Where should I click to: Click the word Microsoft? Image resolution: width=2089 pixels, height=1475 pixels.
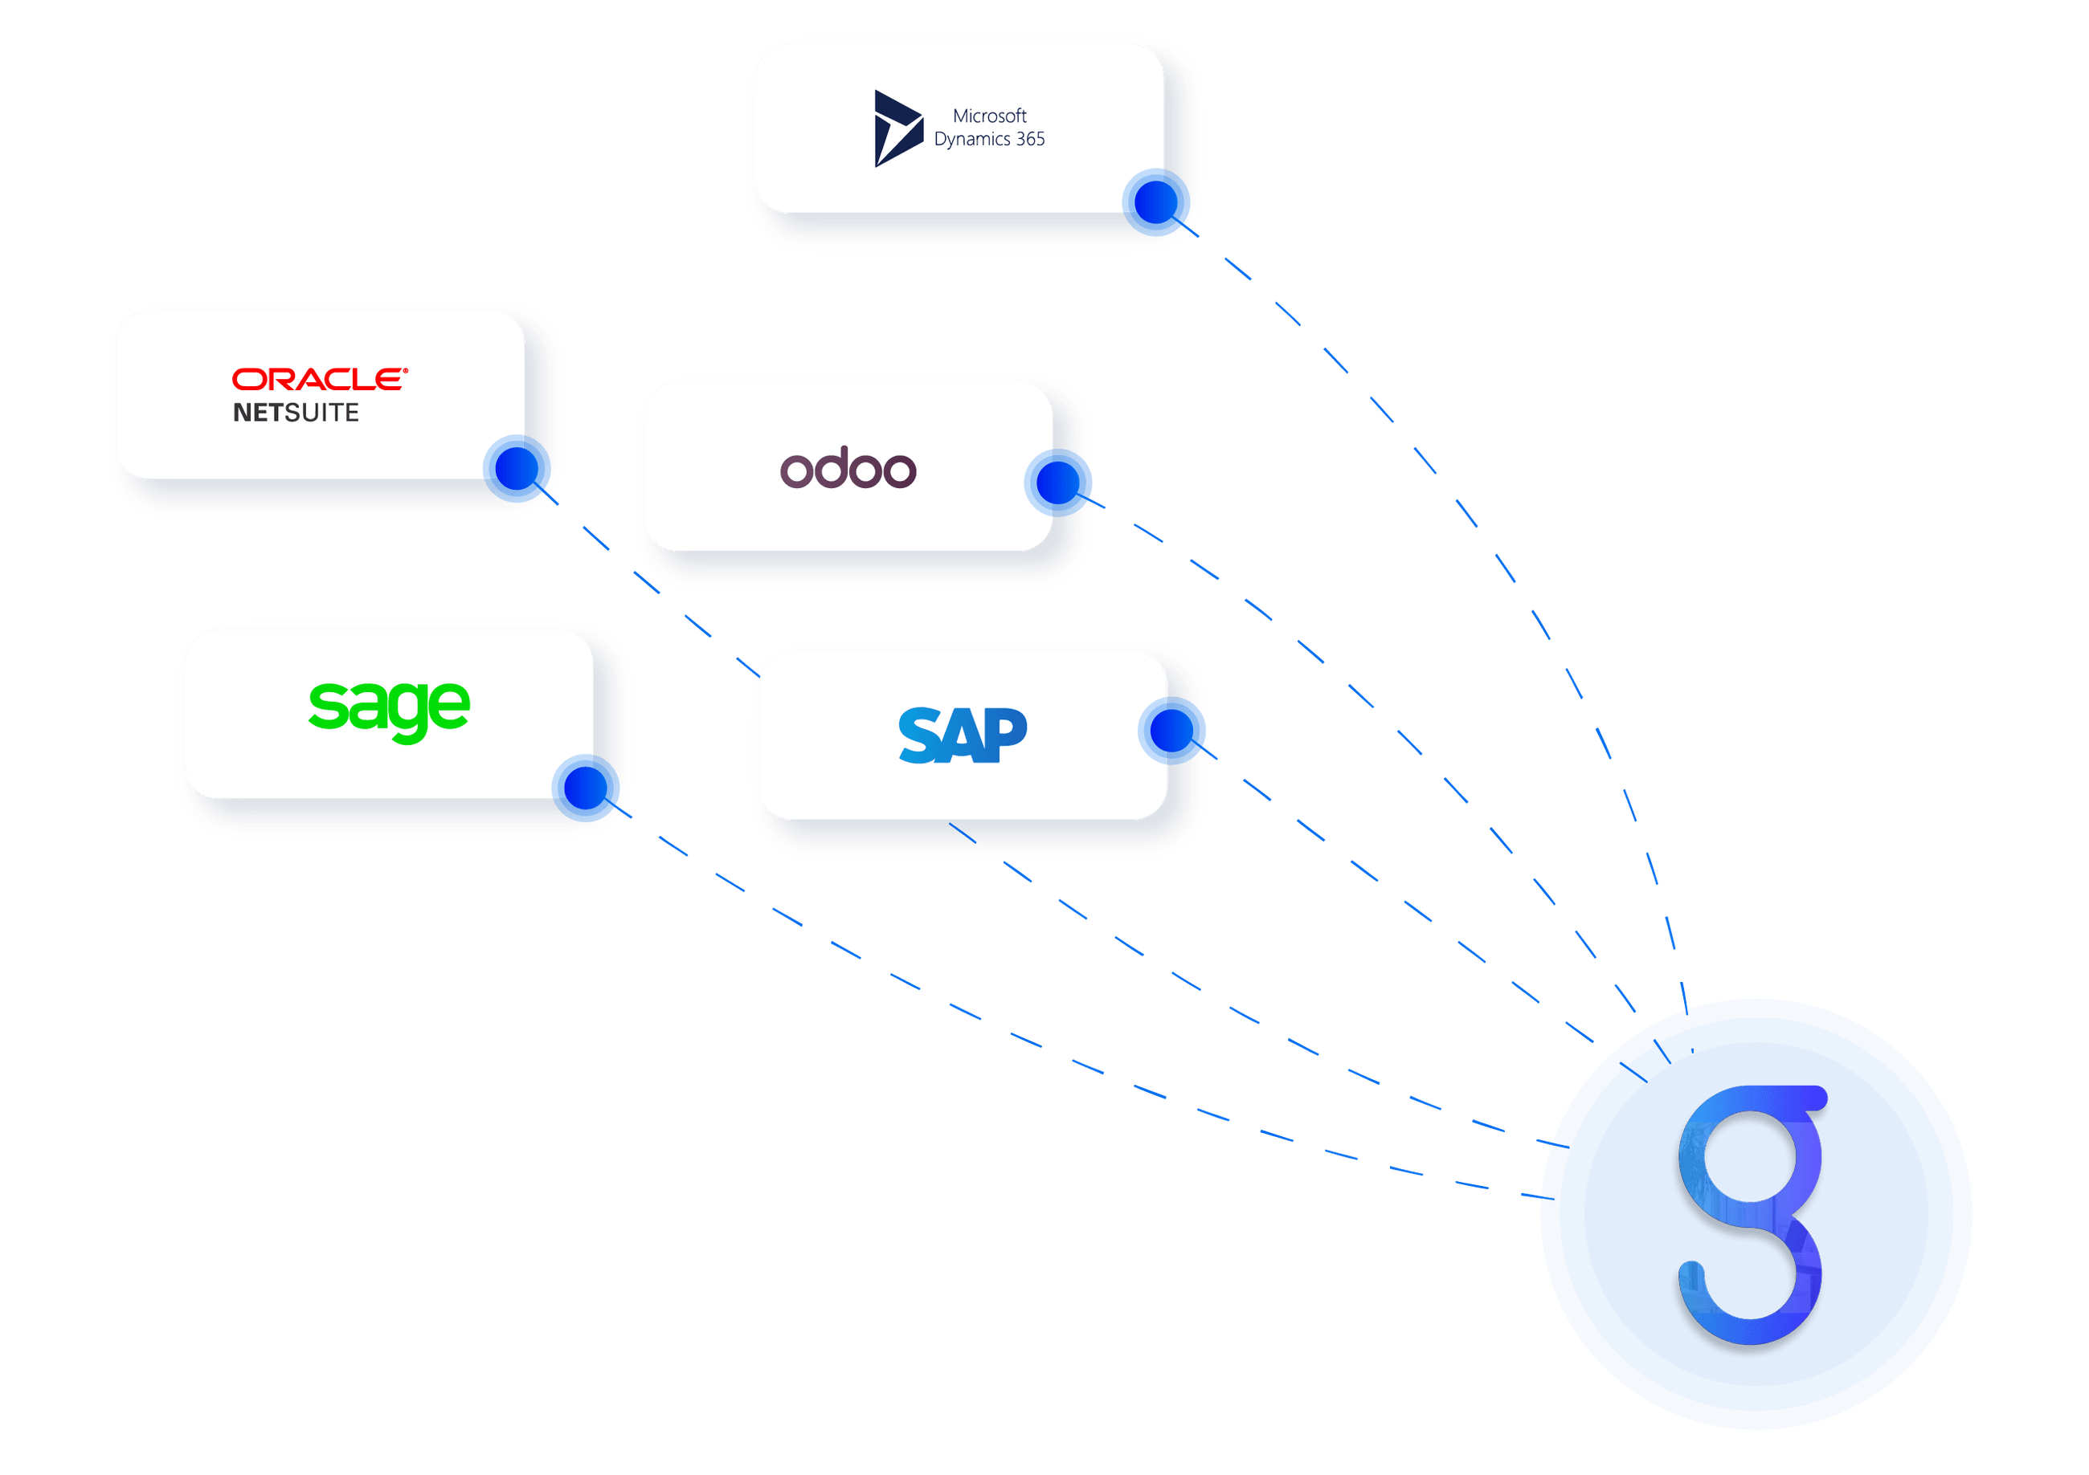tap(989, 116)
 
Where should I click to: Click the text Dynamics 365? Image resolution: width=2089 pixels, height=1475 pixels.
tap(989, 139)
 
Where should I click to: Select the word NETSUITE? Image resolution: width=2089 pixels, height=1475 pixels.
tap(296, 413)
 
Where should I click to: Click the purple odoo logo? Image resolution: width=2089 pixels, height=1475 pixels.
tap(848, 468)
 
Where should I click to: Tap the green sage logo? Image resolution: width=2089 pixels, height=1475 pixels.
tap(390, 709)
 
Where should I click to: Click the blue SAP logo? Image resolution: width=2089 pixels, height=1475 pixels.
tap(963, 735)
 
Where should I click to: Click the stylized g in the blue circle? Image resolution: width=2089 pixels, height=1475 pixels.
tap(1752, 1214)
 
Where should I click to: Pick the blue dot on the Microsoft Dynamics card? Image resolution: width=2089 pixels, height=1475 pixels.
tap(1156, 202)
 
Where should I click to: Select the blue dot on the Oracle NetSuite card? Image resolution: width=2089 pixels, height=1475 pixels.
tap(517, 468)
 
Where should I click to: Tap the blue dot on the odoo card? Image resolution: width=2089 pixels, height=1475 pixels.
tap(1058, 482)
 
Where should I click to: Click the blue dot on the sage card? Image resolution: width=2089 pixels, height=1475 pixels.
tap(586, 788)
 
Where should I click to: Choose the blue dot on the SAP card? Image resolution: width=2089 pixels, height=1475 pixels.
tap(1172, 730)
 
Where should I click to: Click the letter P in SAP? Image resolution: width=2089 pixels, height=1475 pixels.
tap(1006, 735)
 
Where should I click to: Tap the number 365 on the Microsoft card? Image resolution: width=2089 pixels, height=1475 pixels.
tap(1030, 139)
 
